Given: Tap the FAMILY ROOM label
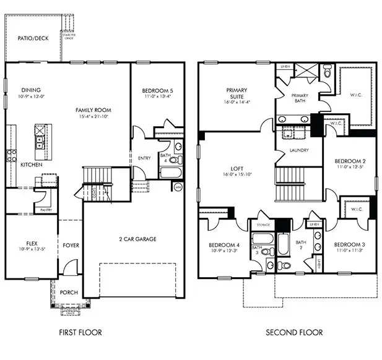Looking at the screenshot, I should [x=93, y=109].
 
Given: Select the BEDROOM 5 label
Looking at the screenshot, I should [x=157, y=91].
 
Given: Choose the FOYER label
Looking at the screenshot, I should [x=71, y=246].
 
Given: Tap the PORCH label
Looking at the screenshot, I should [x=69, y=292].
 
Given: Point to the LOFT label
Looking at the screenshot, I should [x=236, y=168].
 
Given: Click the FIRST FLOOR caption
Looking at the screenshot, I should [x=80, y=332].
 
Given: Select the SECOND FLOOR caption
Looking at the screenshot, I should [x=294, y=332].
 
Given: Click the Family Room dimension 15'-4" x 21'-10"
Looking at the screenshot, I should [x=93, y=117].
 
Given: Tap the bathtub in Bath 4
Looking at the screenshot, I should [x=168, y=171].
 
